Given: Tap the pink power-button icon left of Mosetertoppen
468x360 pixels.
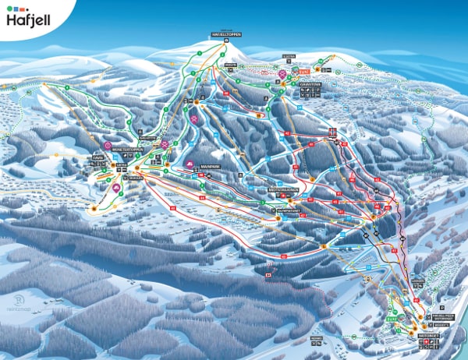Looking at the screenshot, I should point(108,145).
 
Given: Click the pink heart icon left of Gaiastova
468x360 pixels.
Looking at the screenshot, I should point(282,74).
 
